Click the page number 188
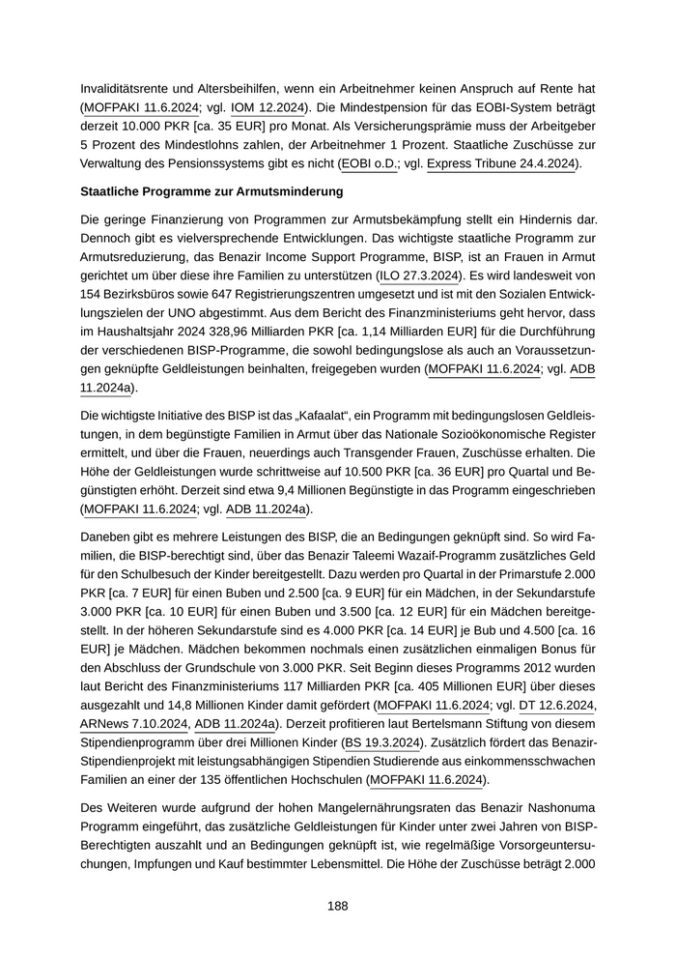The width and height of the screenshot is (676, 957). (337, 906)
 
